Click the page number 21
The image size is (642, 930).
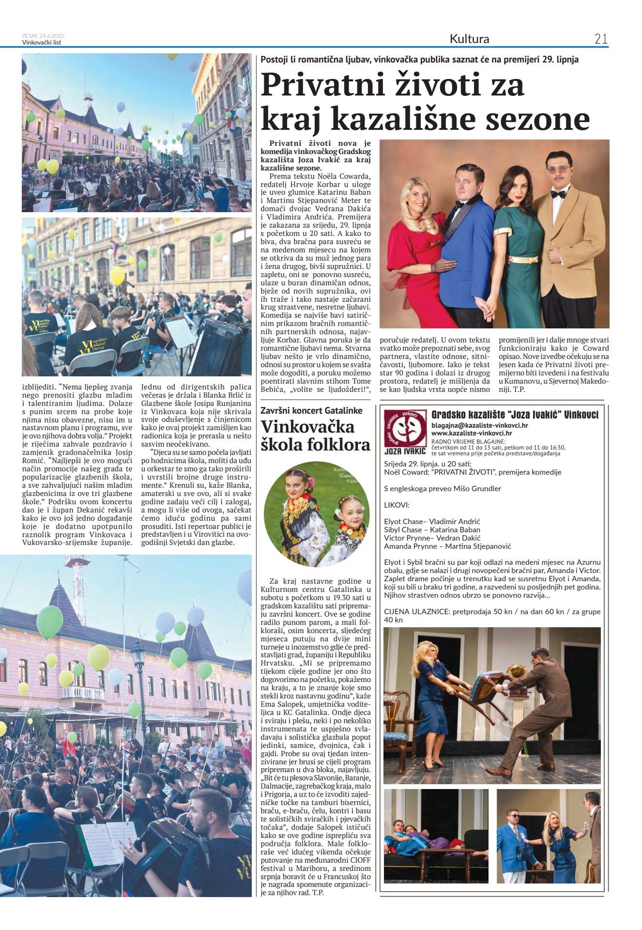[601, 39]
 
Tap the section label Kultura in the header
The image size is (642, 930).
[469, 39]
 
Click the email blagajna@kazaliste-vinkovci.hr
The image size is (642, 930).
[479, 425]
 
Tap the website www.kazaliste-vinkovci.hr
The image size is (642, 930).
[472, 433]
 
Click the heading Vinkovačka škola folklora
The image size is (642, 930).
[315, 435]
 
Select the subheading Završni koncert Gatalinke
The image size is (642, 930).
[311, 410]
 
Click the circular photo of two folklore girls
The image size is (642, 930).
[317, 514]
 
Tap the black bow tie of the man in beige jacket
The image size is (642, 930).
[558, 194]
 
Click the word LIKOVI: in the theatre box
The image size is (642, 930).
[397, 505]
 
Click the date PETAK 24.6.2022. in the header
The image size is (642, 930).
[44, 36]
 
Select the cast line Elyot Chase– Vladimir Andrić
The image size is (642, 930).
[432, 522]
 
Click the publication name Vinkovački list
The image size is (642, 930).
[42, 42]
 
